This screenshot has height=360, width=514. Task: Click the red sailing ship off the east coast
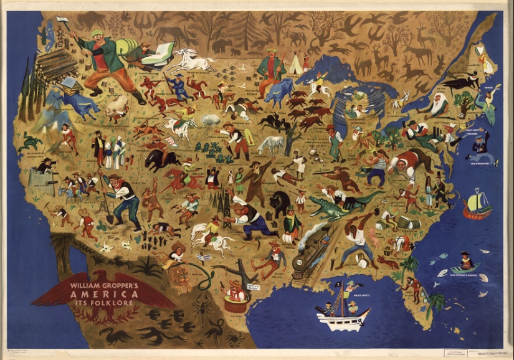pos(477,206)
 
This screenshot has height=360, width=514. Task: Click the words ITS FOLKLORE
pos(104,305)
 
